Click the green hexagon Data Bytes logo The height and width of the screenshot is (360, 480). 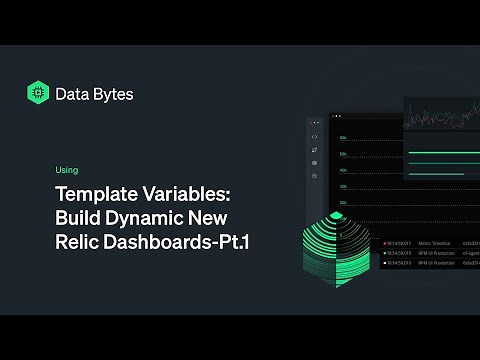coord(39,93)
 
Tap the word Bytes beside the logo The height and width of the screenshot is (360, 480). coord(114,94)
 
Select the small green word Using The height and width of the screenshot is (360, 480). coord(67,170)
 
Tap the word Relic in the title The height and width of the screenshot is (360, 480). coord(77,241)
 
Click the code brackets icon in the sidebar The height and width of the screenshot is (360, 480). coord(315,137)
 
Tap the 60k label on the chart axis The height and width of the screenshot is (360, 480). coord(343,137)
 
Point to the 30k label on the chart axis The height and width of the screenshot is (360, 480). coord(343,186)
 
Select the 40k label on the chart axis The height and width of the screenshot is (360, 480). coord(343,170)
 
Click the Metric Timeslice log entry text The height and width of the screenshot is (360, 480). coord(429,242)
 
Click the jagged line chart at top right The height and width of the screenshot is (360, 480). coord(441,118)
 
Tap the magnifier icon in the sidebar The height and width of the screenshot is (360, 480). coord(315,176)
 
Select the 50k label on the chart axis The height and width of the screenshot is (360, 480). coord(343,154)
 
